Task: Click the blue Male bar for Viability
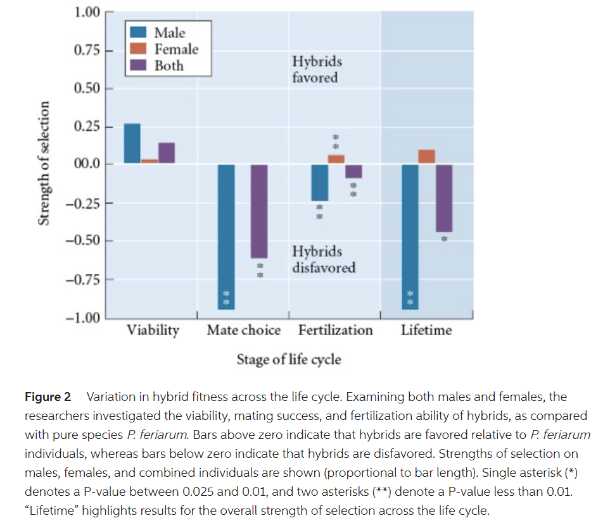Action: [132, 144]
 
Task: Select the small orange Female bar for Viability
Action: [149, 161]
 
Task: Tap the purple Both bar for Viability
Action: [167, 153]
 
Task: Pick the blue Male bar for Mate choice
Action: [226, 237]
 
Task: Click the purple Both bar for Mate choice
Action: [259, 211]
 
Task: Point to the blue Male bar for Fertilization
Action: [319, 183]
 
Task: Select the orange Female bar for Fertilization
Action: [336, 159]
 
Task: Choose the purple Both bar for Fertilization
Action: [353, 171]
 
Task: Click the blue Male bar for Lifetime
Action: [410, 237]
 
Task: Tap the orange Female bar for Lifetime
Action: [427, 157]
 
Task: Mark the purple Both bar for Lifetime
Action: [444, 198]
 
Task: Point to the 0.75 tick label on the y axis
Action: [86, 51]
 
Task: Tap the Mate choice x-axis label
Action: [243, 330]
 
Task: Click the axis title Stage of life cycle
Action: [289, 360]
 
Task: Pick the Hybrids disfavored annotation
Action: [323, 259]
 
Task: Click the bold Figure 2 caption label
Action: [48, 398]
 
